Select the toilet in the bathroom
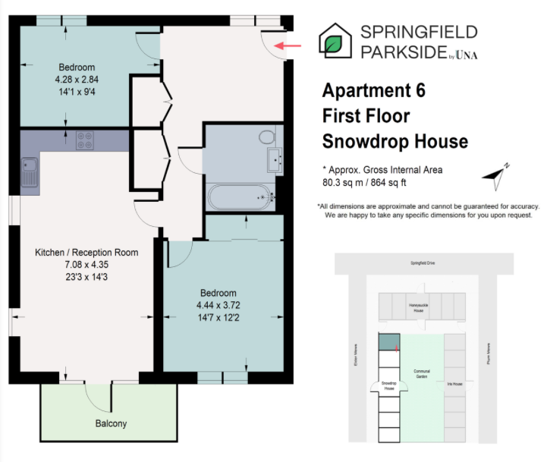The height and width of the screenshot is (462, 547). pyautogui.click(x=266, y=137)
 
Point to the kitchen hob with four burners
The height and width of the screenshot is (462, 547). pyautogui.click(x=84, y=140)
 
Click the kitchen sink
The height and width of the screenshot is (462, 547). pyautogui.click(x=30, y=172)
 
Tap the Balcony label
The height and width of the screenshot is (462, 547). pyautogui.click(x=111, y=423)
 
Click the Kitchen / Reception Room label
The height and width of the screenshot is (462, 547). pyautogui.click(x=86, y=252)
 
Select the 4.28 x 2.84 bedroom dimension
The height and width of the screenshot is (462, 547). pyautogui.click(x=77, y=79)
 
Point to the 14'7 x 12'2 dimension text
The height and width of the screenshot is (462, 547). pyautogui.click(x=218, y=317)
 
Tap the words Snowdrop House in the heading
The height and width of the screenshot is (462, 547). pyautogui.click(x=395, y=141)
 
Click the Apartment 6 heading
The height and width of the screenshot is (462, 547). pyautogui.click(x=373, y=91)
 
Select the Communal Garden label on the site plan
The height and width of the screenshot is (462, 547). pyautogui.click(x=422, y=374)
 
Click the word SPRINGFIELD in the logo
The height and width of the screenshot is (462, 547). pyautogui.click(x=419, y=32)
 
